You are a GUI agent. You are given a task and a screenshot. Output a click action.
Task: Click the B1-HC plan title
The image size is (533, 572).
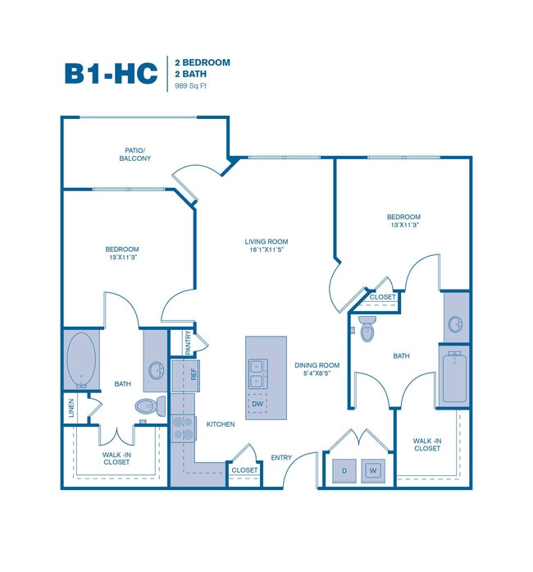pyautogui.click(x=111, y=72)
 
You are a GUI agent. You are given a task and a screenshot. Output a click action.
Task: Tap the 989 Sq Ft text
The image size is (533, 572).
pyautogui.click(x=190, y=85)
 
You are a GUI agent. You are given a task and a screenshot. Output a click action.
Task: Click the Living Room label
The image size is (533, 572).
pyautogui.click(x=266, y=245)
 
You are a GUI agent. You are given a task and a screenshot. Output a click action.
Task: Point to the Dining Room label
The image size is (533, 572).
pyautogui.click(x=317, y=369)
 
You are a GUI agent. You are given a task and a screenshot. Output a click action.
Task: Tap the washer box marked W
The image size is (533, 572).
pyautogui.click(x=373, y=470)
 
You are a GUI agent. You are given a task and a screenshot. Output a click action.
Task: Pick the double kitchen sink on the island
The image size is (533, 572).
pyautogui.click(x=257, y=373)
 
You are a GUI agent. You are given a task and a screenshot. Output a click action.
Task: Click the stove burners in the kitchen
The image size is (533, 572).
pyautogui.click(x=182, y=428)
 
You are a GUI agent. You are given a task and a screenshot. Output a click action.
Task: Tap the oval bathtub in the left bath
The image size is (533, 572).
pyautogui.click(x=82, y=359)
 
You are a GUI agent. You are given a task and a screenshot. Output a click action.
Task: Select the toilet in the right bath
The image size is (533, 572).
pyautogui.click(x=367, y=327)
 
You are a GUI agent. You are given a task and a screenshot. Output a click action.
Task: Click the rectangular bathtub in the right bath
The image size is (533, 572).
pyautogui.click(x=454, y=377)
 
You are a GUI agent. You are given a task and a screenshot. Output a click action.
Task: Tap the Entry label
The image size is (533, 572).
pyautogui.click(x=281, y=458)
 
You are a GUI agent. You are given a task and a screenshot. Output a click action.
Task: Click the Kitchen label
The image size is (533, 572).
pyautogui.click(x=221, y=424)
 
